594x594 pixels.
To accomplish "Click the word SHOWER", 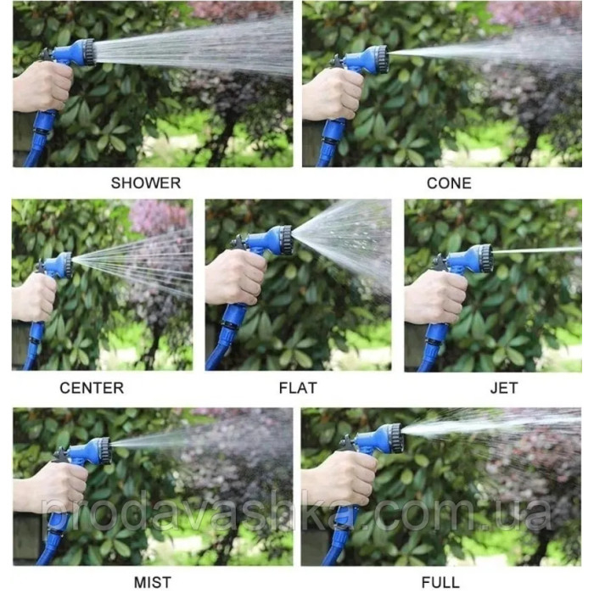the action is click(x=146, y=183).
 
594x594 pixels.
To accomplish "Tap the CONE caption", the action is click(x=449, y=183).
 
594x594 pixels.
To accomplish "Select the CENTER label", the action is click(x=92, y=388).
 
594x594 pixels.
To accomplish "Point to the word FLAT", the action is click(x=298, y=388).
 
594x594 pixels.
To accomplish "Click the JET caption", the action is click(x=504, y=388).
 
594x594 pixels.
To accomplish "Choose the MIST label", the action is click(x=152, y=582).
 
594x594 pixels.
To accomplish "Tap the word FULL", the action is click(x=440, y=582).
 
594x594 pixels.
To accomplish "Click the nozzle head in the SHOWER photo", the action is click(x=84, y=52).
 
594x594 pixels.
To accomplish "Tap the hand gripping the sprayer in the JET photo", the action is click(x=435, y=297).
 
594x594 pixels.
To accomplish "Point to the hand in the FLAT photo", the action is click(x=236, y=277).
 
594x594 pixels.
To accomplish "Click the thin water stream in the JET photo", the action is click(x=537, y=250).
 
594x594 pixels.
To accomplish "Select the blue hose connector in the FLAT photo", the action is click(x=231, y=326).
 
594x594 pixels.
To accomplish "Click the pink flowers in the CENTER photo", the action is click(x=160, y=216).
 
